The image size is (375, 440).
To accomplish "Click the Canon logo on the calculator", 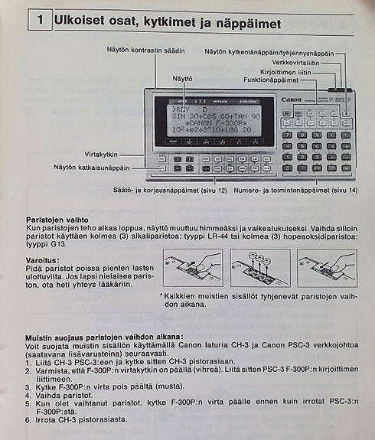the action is [x=292, y=99].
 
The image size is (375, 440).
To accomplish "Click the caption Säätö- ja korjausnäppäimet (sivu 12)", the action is [x=170, y=189].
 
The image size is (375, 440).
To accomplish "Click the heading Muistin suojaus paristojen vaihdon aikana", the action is [x=104, y=337].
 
